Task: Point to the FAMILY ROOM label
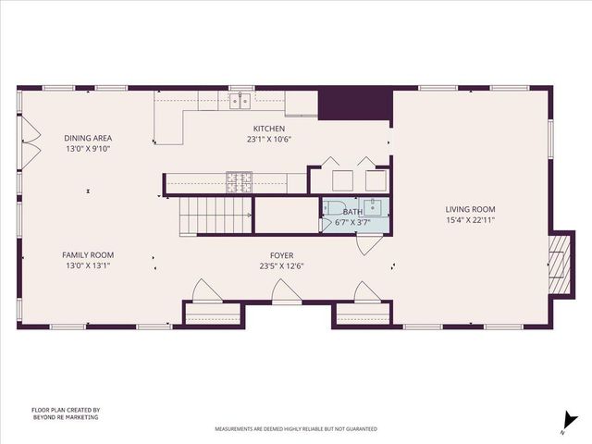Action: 88,255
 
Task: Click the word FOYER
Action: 282,255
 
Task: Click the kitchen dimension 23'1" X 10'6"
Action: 269,140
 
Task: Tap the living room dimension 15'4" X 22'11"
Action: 471,220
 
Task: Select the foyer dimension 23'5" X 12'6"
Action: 282,266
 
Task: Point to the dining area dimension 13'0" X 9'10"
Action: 88,149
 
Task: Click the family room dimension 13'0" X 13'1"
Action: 88,266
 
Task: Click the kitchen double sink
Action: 240,99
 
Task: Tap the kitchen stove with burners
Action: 240,182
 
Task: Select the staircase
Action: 216,216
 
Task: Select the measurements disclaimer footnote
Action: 296,429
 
